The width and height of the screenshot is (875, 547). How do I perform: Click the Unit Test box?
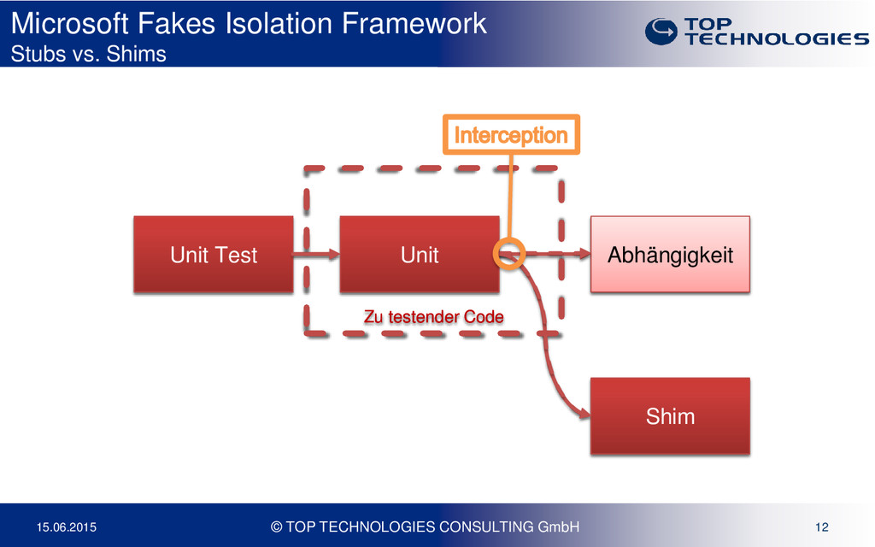pos(213,255)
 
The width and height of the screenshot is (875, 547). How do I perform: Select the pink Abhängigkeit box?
pos(670,255)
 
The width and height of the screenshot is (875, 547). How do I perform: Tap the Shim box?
pos(670,416)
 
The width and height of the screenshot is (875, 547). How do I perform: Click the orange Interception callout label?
pos(511,134)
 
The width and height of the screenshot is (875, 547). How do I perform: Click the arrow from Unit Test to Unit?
pos(316,255)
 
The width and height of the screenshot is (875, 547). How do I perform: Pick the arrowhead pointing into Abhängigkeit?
pos(585,254)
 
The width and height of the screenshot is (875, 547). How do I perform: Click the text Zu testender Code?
pos(433,317)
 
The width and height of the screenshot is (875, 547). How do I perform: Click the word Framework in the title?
pos(414,23)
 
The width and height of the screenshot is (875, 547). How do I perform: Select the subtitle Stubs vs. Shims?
pos(88,54)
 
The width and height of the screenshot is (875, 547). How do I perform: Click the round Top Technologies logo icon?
pos(661,32)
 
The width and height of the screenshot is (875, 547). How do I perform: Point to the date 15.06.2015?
pos(67,526)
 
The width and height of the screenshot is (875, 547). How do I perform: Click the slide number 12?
pos(821,526)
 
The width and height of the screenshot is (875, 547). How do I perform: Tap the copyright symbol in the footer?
pos(276,526)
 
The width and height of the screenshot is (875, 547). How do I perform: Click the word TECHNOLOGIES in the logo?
pos(777,38)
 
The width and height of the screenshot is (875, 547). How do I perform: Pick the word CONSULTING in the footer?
pos(486,526)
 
